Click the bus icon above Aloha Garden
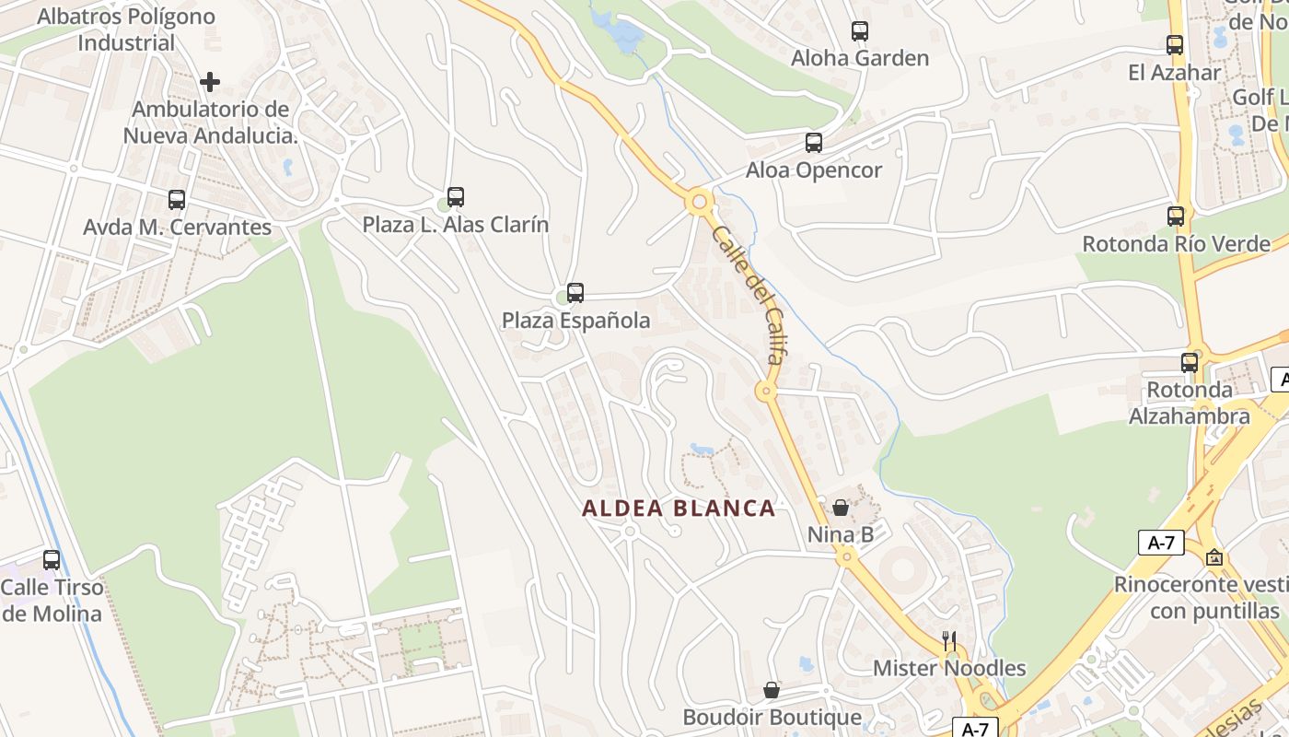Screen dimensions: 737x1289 pyautogui.click(x=859, y=31)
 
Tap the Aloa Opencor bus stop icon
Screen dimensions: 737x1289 pyautogui.click(x=813, y=143)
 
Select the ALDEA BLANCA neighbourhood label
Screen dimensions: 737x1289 pyautogui.click(x=679, y=509)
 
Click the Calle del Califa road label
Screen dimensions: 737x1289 pyautogui.click(x=747, y=294)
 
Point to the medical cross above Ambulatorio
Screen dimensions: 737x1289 pyautogui.click(x=210, y=82)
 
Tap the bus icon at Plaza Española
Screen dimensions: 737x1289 pyautogui.click(x=575, y=293)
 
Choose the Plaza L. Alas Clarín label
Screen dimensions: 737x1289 pyautogui.click(x=455, y=225)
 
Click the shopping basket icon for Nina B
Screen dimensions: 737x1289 pyautogui.click(x=840, y=507)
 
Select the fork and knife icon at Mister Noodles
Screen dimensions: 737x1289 pyautogui.click(x=949, y=641)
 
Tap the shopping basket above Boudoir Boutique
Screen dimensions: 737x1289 pyautogui.click(x=772, y=690)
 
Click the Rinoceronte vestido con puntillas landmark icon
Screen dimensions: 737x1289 pyautogui.click(x=1214, y=557)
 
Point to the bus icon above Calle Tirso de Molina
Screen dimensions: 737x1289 pyautogui.click(x=52, y=559)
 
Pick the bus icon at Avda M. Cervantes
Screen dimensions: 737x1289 pyautogui.click(x=177, y=199)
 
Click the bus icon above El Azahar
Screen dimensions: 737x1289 pyautogui.click(x=1174, y=44)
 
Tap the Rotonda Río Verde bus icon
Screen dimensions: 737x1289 pyautogui.click(x=1176, y=216)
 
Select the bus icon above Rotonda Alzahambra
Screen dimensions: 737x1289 pyautogui.click(x=1190, y=362)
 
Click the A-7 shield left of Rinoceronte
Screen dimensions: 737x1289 pyautogui.click(x=1161, y=543)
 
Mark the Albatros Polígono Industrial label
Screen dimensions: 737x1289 pyautogui.click(x=126, y=29)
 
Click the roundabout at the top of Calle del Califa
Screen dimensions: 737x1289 pyautogui.click(x=699, y=200)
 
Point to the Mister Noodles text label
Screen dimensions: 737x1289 pyautogui.click(x=949, y=668)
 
